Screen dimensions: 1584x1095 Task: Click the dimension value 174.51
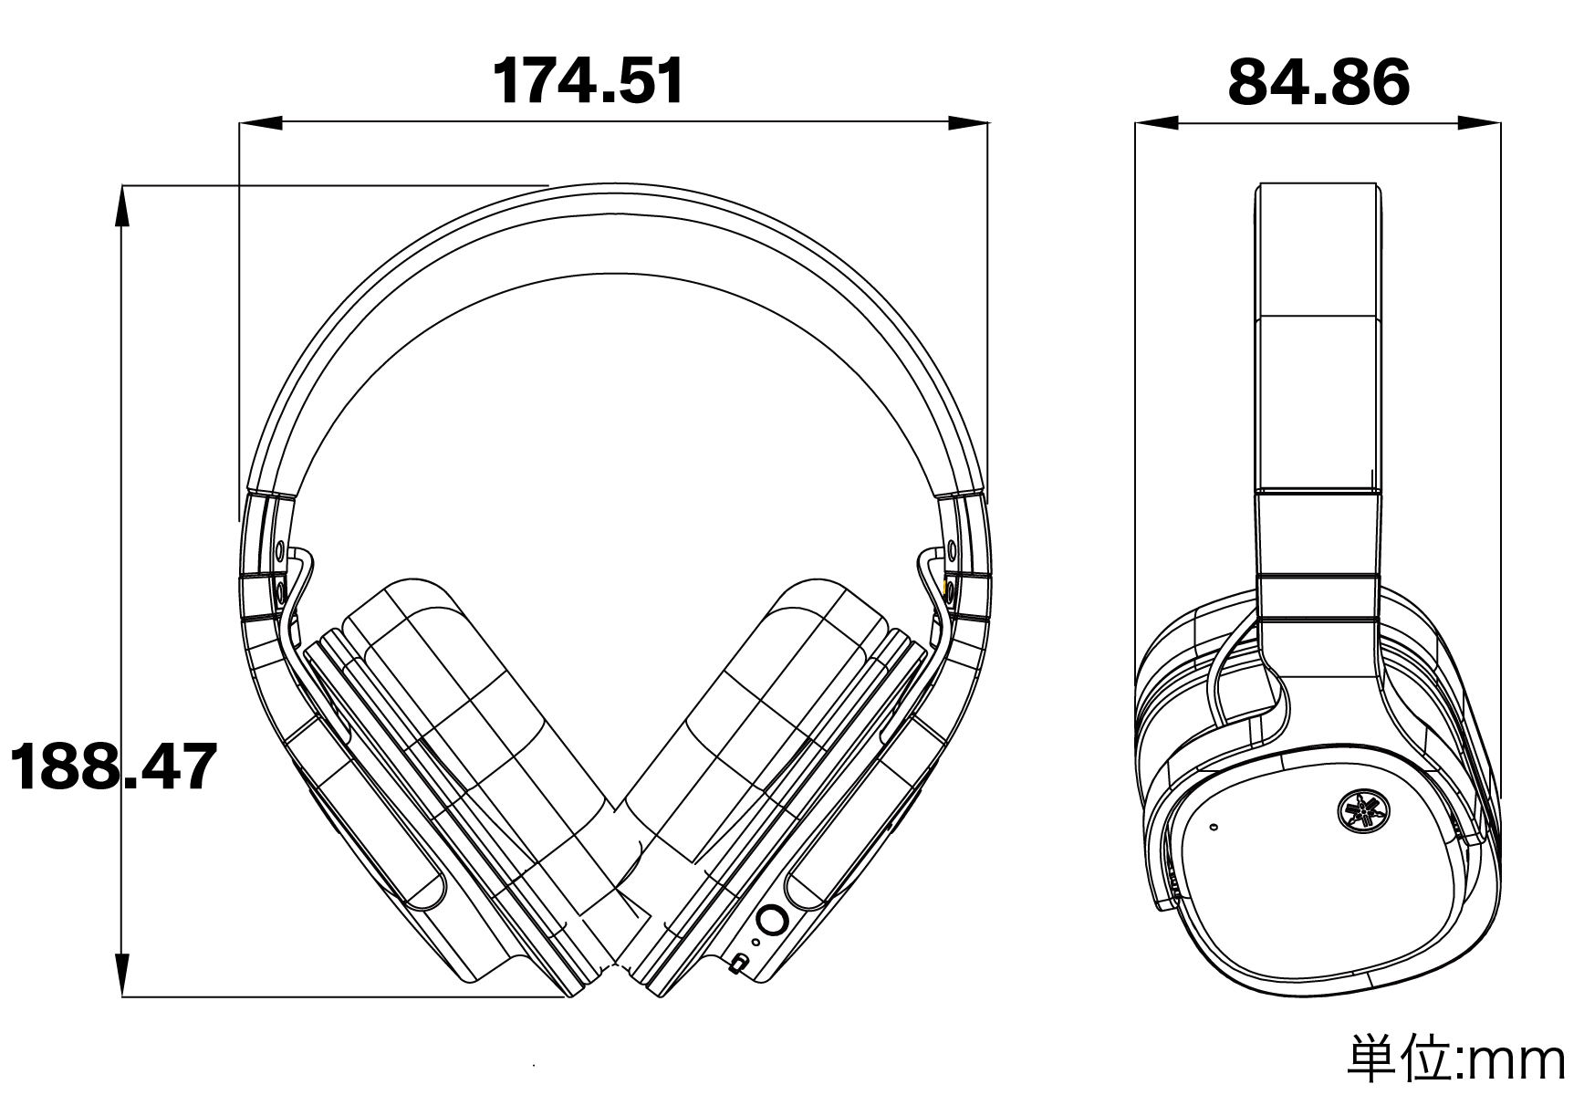(x=589, y=81)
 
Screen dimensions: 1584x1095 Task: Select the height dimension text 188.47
(x=113, y=766)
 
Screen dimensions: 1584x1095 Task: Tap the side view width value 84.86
(x=1318, y=81)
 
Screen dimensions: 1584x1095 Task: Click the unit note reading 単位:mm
(x=1464, y=1059)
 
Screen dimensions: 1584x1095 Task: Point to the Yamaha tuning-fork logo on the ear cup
(x=1360, y=808)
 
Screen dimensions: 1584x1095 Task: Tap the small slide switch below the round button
(x=740, y=963)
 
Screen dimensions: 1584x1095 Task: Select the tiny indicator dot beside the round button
(x=755, y=942)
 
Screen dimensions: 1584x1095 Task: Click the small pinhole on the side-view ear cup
(x=1213, y=828)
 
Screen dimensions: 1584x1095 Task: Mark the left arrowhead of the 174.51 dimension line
(x=260, y=122)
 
